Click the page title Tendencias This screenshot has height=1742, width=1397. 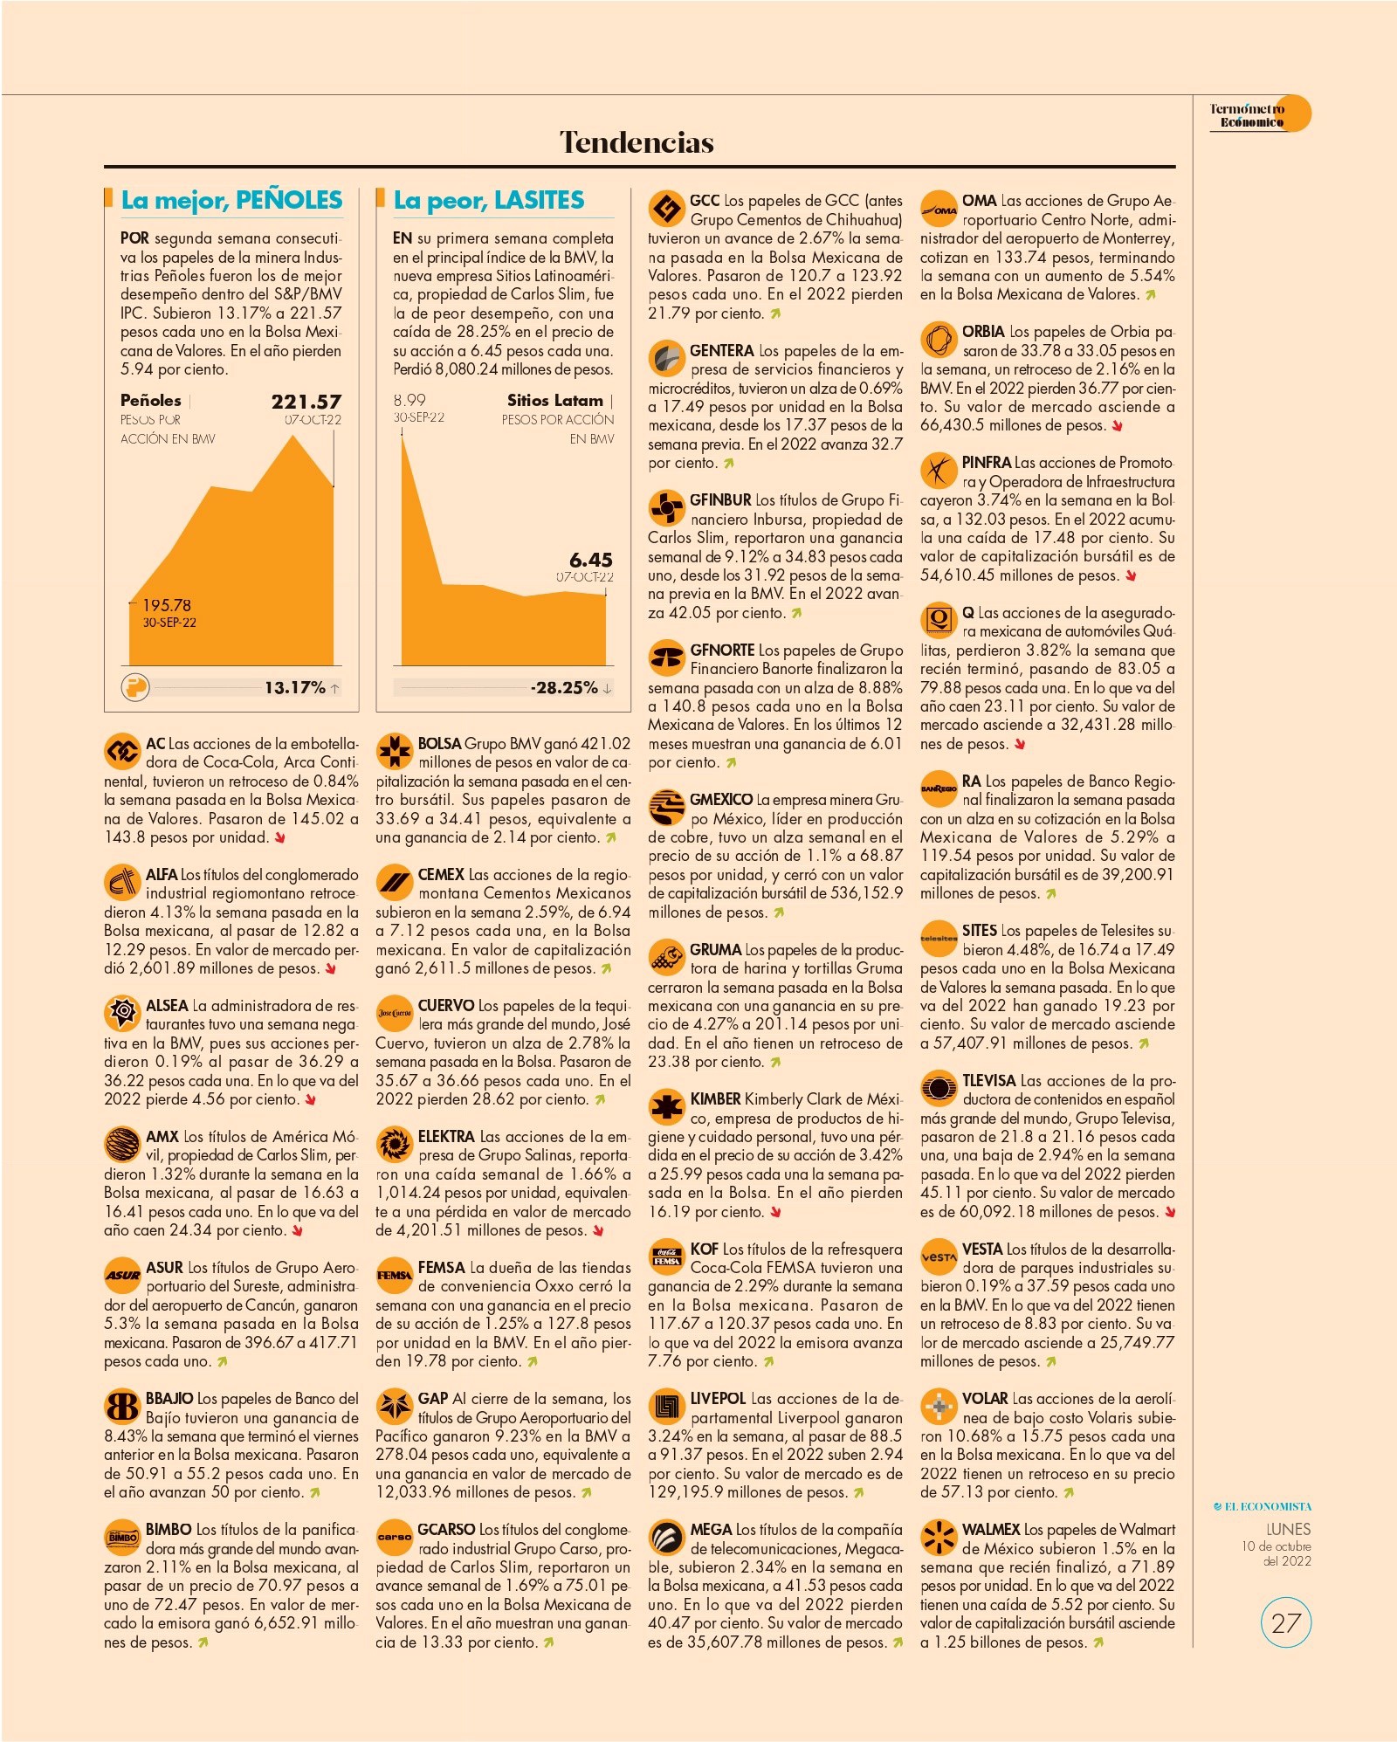tap(637, 142)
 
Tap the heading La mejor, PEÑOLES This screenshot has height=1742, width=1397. tap(231, 200)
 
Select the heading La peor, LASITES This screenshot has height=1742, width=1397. tap(489, 200)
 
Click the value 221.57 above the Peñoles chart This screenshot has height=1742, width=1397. tap(306, 402)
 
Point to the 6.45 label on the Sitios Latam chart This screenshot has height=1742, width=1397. tap(591, 560)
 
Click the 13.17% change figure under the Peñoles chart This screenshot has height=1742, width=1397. tap(295, 688)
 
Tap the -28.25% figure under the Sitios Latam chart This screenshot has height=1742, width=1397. tap(564, 688)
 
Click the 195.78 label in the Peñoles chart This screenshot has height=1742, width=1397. tap(167, 605)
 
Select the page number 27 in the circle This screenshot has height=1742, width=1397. tap(1286, 1623)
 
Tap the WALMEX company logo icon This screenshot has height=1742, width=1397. tap(939, 1538)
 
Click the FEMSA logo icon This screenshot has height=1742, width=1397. tap(394, 1276)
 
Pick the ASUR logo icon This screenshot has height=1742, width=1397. tap(122, 1276)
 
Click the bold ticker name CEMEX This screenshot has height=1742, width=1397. tap(441, 875)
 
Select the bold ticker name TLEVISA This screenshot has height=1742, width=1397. tap(989, 1081)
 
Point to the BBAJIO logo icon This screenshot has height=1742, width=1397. tap(122, 1407)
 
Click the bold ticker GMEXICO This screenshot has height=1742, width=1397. tap(721, 800)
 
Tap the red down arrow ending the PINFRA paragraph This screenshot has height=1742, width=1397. tap(1132, 575)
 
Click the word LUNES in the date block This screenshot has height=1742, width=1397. tap(1289, 1529)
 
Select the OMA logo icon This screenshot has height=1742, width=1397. tap(939, 209)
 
